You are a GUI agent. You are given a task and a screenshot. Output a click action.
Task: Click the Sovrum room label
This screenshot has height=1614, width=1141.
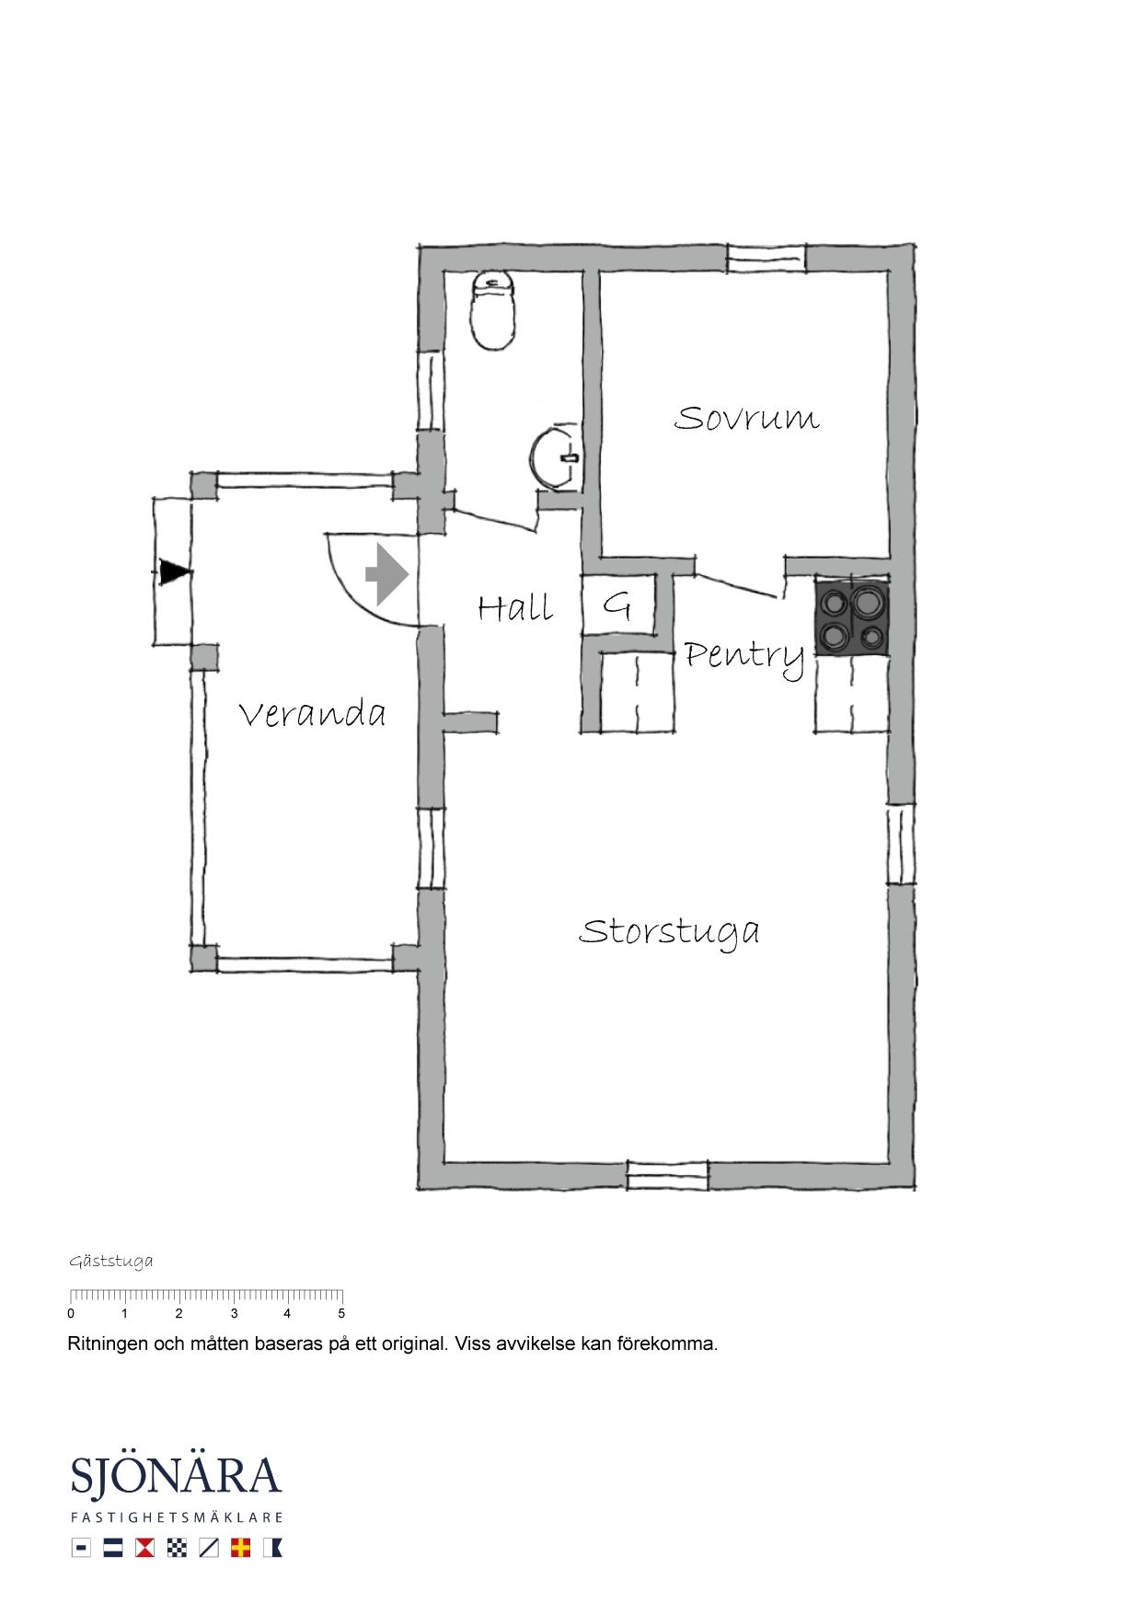coord(746,418)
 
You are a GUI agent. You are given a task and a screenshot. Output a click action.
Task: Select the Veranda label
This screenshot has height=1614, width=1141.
coord(312,714)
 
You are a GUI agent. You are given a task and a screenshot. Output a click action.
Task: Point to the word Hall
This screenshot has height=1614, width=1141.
coord(515,607)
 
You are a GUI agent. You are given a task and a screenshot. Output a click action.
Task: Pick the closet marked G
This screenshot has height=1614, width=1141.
coord(617,605)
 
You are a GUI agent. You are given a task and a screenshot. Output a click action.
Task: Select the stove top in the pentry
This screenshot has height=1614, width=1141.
coord(852,617)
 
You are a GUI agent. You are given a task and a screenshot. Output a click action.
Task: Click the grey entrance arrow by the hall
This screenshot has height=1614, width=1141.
coord(386,574)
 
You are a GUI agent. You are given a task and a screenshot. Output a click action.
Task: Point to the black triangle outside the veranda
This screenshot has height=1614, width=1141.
coord(174,572)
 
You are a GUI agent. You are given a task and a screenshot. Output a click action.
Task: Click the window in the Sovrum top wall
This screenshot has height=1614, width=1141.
coord(766,259)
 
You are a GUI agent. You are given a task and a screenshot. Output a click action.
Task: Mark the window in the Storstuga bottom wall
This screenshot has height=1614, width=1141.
coord(668,1176)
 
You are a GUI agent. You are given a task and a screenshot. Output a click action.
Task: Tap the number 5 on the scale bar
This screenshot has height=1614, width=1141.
coord(341,1314)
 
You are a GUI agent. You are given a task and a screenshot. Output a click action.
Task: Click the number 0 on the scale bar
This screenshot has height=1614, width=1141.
coord(71,1314)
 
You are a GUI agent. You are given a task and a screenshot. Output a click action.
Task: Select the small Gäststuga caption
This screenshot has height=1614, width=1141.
coord(111,1262)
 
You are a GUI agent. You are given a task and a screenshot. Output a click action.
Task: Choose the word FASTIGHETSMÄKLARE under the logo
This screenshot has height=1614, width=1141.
coord(176,1517)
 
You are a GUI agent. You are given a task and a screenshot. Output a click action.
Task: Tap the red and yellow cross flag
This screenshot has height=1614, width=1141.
coord(241,1548)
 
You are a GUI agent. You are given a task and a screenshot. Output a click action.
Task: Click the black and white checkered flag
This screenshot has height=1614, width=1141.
coord(177,1548)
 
